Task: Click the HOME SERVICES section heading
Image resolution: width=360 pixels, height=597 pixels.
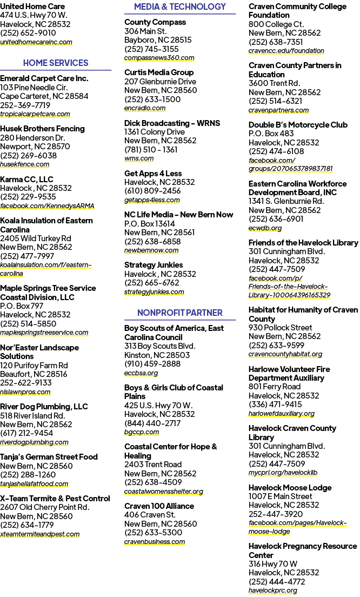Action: [56, 63]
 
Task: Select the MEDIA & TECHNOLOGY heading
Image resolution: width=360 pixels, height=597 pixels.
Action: [179, 6]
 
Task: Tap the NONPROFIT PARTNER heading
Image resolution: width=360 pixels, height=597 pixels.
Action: [179, 313]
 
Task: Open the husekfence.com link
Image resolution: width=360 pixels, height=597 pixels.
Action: [25, 164]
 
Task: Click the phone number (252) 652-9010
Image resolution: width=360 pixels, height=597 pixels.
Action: [28, 33]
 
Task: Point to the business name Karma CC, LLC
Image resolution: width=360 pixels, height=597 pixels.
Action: [26, 180]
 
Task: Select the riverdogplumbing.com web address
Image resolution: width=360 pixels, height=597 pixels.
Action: [34, 442]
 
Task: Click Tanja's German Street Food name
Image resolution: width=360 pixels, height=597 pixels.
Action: [49, 457]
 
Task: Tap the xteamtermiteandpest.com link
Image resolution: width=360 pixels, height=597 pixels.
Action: [40, 534]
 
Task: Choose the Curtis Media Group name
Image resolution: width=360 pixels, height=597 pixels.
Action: [159, 72]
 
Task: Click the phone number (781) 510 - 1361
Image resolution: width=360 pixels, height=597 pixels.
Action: [151, 150]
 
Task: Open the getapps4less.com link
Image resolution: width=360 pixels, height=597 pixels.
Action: [152, 200]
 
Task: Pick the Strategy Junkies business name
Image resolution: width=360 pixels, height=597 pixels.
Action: [154, 265]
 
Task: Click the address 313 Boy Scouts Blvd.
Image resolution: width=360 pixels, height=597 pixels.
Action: [160, 346]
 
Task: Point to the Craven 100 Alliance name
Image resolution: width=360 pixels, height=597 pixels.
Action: [159, 506]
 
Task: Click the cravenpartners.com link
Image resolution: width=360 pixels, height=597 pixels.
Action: [278, 110]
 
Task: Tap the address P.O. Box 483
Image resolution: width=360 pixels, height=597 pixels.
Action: [271, 134]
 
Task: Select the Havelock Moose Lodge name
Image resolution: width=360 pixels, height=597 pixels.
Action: [290, 488]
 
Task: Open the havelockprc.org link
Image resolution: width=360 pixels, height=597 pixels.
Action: [273, 590]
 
